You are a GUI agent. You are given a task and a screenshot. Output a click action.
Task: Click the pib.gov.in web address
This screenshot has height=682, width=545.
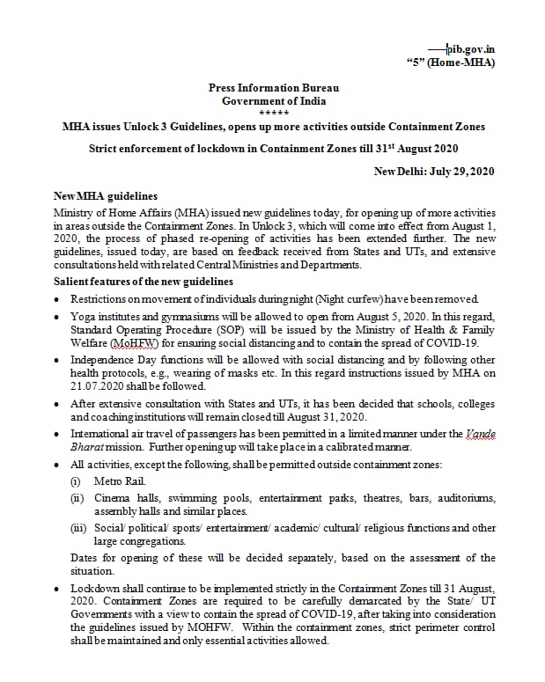point(469,49)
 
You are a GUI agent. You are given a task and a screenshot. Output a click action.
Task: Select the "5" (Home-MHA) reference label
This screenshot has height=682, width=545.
point(450,62)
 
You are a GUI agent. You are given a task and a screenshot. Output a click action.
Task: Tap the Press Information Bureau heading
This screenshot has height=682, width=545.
point(273,88)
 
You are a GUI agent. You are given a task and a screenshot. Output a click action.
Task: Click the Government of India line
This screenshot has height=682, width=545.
point(273,100)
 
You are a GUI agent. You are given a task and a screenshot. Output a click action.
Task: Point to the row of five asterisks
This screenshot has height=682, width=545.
point(273,113)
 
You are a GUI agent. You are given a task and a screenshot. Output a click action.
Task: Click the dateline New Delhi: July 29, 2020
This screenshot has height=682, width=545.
point(434,171)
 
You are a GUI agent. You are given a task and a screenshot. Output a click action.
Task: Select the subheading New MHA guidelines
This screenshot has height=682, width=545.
point(106,195)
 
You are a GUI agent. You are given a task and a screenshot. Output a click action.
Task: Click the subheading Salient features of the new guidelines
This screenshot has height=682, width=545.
point(144,281)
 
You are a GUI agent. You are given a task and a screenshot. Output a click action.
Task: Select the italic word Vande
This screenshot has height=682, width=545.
point(480,434)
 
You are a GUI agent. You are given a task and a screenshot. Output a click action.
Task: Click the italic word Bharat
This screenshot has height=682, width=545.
point(86,446)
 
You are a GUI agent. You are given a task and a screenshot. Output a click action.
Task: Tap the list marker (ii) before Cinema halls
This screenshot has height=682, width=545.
point(77,498)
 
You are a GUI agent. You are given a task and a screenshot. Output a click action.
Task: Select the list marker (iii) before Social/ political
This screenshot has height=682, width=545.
point(79,529)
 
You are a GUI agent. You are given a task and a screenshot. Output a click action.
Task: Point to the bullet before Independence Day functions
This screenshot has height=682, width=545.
point(58,361)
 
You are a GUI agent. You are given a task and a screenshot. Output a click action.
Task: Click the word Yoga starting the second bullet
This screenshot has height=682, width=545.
point(84,318)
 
